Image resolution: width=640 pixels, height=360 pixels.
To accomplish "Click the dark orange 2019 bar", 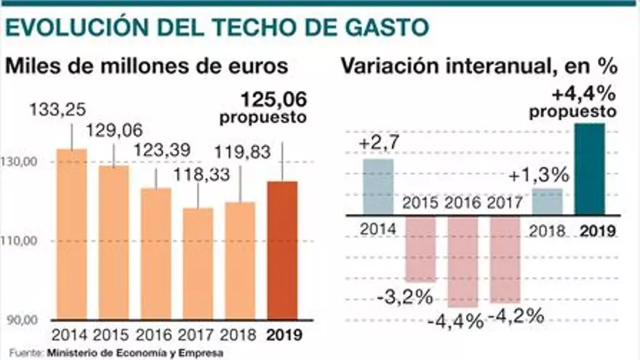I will point(283,251).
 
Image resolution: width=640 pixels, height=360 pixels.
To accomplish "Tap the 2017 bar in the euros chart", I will point(198,265).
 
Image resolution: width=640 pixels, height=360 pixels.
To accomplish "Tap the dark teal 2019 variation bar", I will point(591,169).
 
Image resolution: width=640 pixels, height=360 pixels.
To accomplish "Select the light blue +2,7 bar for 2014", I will point(378,186).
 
